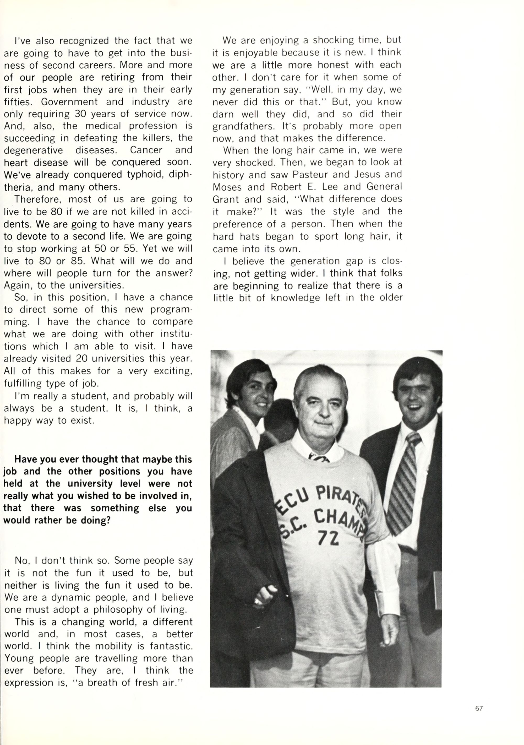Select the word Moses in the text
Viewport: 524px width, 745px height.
(x=227, y=187)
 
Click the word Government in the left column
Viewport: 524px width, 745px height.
(x=69, y=101)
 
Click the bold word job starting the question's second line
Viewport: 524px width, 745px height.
(x=9, y=472)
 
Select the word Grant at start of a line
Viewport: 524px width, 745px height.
(x=225, y=199)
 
